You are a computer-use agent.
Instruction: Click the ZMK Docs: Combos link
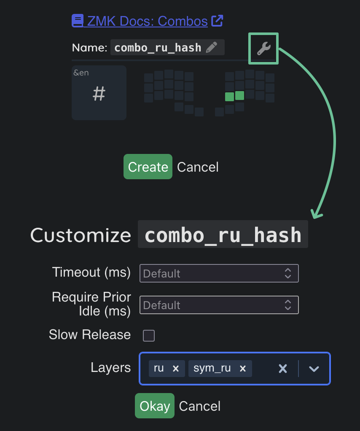coord(147,21)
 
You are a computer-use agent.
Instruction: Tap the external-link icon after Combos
coord(217,21)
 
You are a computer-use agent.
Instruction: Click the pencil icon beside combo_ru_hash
coord(211,47)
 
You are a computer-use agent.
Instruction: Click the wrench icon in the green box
coord(264,48)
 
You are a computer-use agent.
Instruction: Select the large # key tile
coord(99,93)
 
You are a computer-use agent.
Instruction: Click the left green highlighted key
coord(229,97)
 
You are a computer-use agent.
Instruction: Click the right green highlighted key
coord(239,95)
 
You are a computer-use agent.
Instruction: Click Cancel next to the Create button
coord(198,167)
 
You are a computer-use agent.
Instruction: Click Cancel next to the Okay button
coord(200,406)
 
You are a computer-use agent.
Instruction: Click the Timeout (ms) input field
coord(219,273)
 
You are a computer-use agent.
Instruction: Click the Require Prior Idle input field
coord(219,305)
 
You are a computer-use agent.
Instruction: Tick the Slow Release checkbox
coord(149,336)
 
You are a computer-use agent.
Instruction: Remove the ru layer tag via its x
coord(176,368)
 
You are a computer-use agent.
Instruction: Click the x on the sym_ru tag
coord(243,368)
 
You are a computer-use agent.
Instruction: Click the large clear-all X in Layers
coord(283,369)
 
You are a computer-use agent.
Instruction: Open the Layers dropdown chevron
coord(314,369)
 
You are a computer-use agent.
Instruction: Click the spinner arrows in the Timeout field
coord(288,273)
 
